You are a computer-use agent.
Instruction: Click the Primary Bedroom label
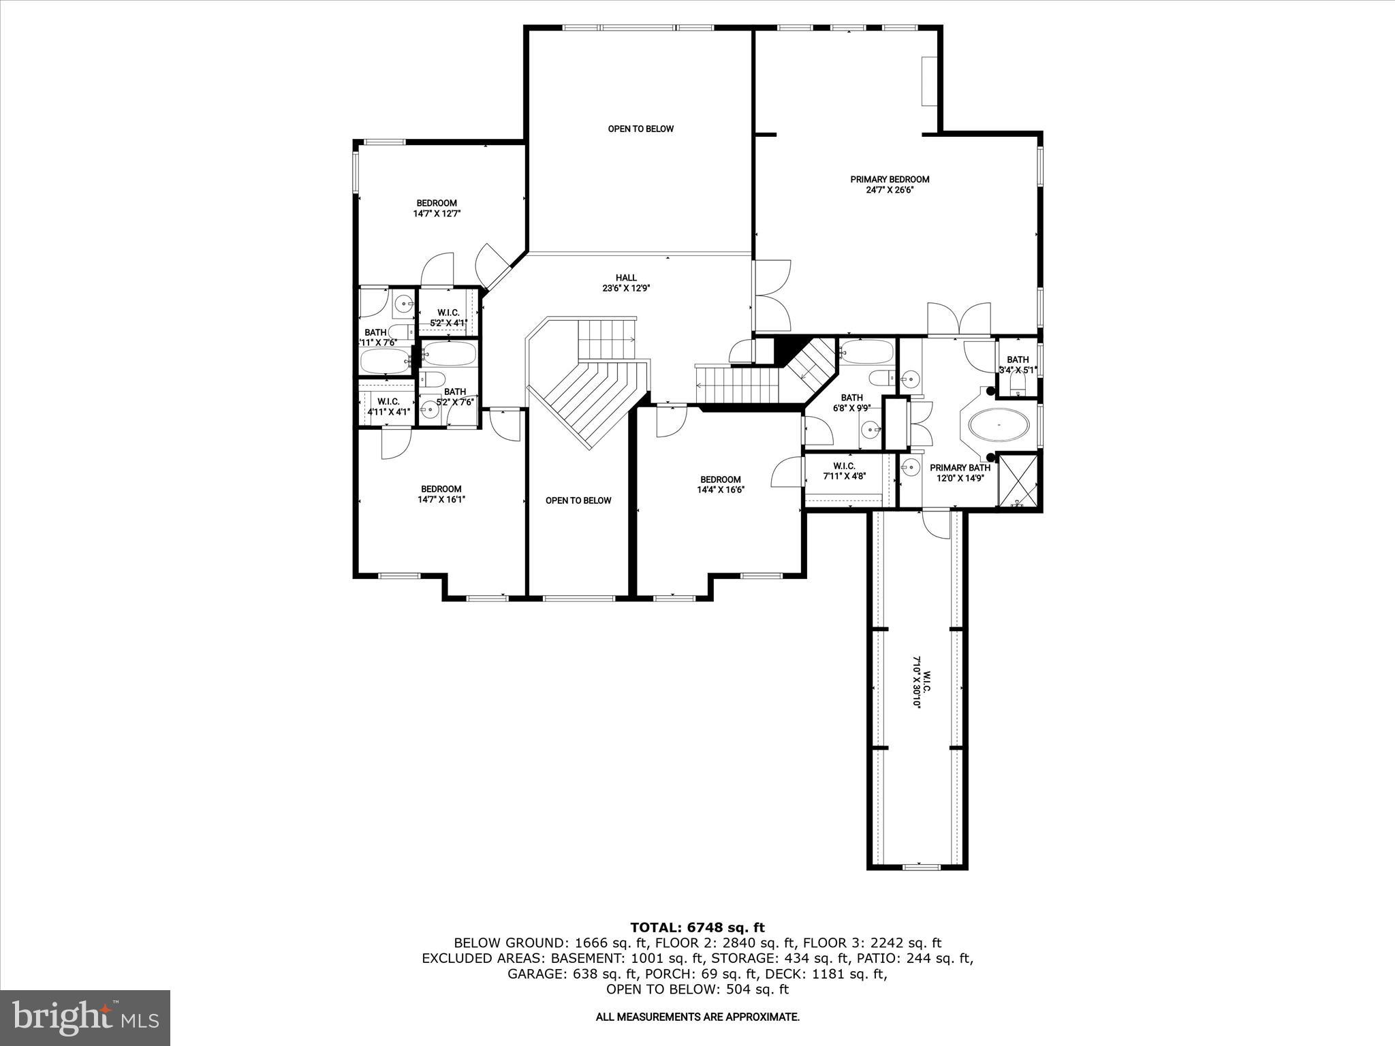point(889,180)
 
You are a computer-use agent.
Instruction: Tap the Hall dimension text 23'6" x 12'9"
point(626,288)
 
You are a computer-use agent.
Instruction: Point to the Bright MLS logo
point(85,1018)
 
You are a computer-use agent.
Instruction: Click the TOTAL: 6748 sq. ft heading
point(697,928)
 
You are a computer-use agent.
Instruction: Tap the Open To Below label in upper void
point(640,129)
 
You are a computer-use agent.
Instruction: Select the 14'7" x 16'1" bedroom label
point(441,494)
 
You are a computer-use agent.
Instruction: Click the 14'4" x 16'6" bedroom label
point(720,484)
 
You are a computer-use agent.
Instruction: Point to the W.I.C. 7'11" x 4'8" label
point(843,471)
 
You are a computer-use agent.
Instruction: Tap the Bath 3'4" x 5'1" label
point(1018,365)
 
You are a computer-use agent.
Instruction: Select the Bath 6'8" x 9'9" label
point(851,403)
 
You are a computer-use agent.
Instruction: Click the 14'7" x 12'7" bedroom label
point(437,208)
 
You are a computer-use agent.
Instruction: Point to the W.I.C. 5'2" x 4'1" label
point(448,318)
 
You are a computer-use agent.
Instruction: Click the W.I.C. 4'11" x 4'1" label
point(388,407)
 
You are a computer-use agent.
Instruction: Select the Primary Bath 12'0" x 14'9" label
point(960,473)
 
